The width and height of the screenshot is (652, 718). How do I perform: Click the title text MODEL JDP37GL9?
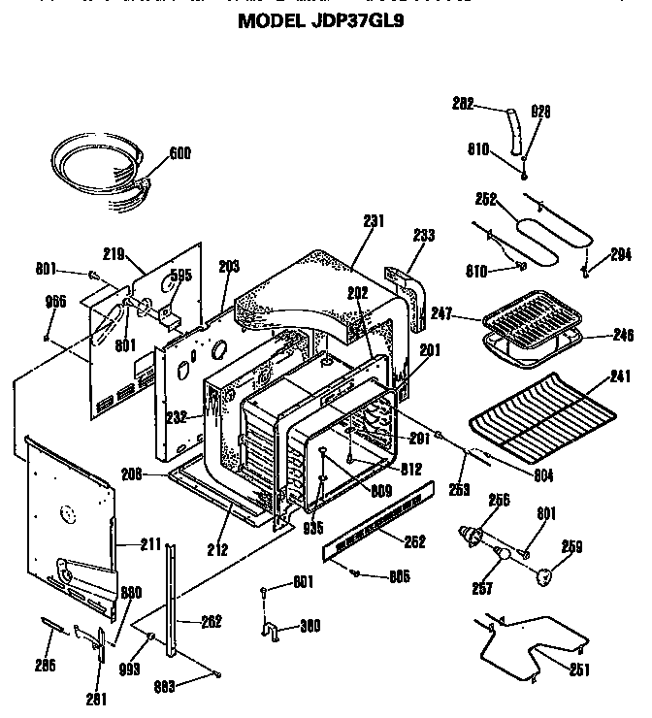coord(320,20)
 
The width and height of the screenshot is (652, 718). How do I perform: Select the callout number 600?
coord(179,152)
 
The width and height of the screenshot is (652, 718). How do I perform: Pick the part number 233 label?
coord(423,235)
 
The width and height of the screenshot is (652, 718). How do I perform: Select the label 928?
coord(540,112)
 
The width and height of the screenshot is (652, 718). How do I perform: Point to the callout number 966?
coord(55,302)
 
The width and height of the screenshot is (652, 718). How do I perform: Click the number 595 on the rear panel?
coord(180,275)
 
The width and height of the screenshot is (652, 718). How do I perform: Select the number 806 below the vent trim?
coord(397,576)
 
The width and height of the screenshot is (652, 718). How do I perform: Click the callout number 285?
coord(44,665)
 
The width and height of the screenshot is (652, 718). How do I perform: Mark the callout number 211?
coord(149,544)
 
